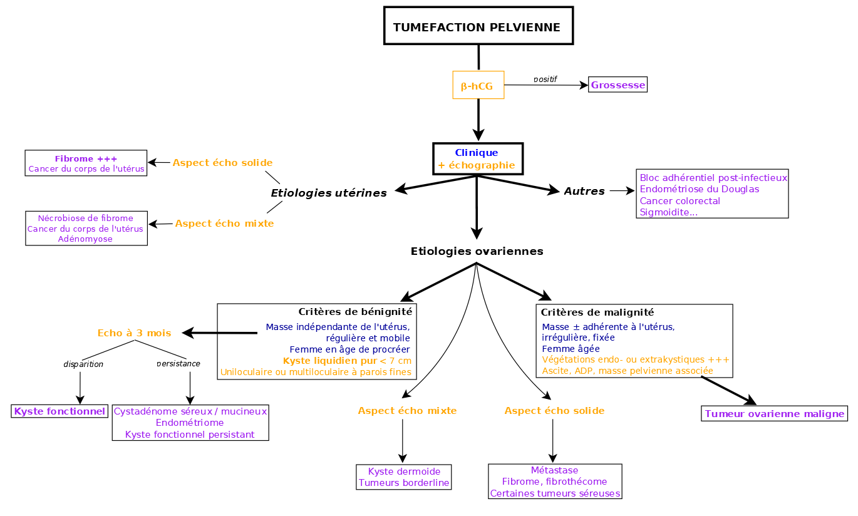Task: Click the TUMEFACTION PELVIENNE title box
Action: [478, 26]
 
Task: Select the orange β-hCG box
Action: [478, 86]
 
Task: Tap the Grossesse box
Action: [618, 85]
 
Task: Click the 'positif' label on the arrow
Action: [545, 80]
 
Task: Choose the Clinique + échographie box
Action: [477, 159]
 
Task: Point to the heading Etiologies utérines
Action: [328, 193]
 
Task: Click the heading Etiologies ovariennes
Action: [477, 251]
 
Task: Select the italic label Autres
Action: [584, 191]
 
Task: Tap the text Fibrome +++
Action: [86, 158]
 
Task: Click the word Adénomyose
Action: [85, 239]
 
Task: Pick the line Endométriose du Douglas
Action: [699, 189]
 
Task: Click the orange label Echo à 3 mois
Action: [134, 333]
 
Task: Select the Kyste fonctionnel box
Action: [59, 411]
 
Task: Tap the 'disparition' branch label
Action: [83, 364]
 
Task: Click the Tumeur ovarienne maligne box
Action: [774, 413]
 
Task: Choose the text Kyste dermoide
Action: [404, 472]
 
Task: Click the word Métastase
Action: [554, 470]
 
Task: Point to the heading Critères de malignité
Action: [597, 312]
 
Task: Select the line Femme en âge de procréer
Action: [349, 349]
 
